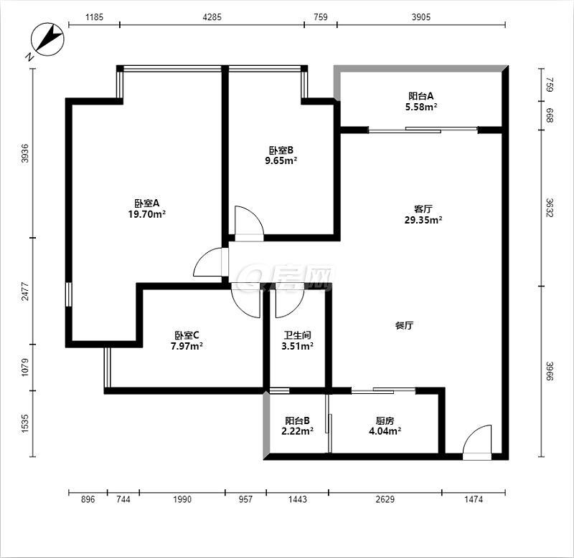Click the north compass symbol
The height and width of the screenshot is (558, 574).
pyautogui.click(x=47, y=39)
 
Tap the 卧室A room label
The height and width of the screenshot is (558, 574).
pyautogui.click(x=147, y=203)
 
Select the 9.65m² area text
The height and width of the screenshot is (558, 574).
pyautogui.click(x=281, y=160)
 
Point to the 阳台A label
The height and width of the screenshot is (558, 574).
pyautogui.click(x=421, y=96)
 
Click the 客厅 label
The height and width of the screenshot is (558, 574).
pyautogui.click(x=423, y=209)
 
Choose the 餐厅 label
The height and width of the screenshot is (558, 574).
pyautogui.click(x=405, y=325)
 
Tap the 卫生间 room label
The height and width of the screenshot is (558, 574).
pyautogui.click(x=297, y=335)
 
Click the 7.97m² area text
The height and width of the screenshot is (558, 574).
pyautogui.click(x=187, y=346)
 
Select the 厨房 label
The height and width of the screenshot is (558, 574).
pyautogui.click(x=385, y=420)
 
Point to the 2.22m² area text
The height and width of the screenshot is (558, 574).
pyautogui.click(x=297, y=431)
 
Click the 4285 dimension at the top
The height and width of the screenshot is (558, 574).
pyautogui.click(x=212, y=16)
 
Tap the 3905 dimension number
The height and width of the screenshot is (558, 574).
pyautogui.click(x=421, y=16)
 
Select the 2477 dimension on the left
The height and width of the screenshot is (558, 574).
pyautogui.click(x=24, y=291)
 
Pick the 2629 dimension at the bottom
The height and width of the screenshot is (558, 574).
pyautogui.click(x=385, y=499)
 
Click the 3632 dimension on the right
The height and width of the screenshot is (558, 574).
pyautogui.click(x=550, y=208)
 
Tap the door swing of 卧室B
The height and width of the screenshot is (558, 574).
pyautogui.click(x=249, y=221)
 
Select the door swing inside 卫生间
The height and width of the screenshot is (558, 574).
pyautogui.click(x=289, y=301)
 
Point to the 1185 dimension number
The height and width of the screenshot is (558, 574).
pyautogui.click(x=95, y=16)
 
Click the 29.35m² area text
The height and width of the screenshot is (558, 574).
pyautogui.click(x=423, y=220)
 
